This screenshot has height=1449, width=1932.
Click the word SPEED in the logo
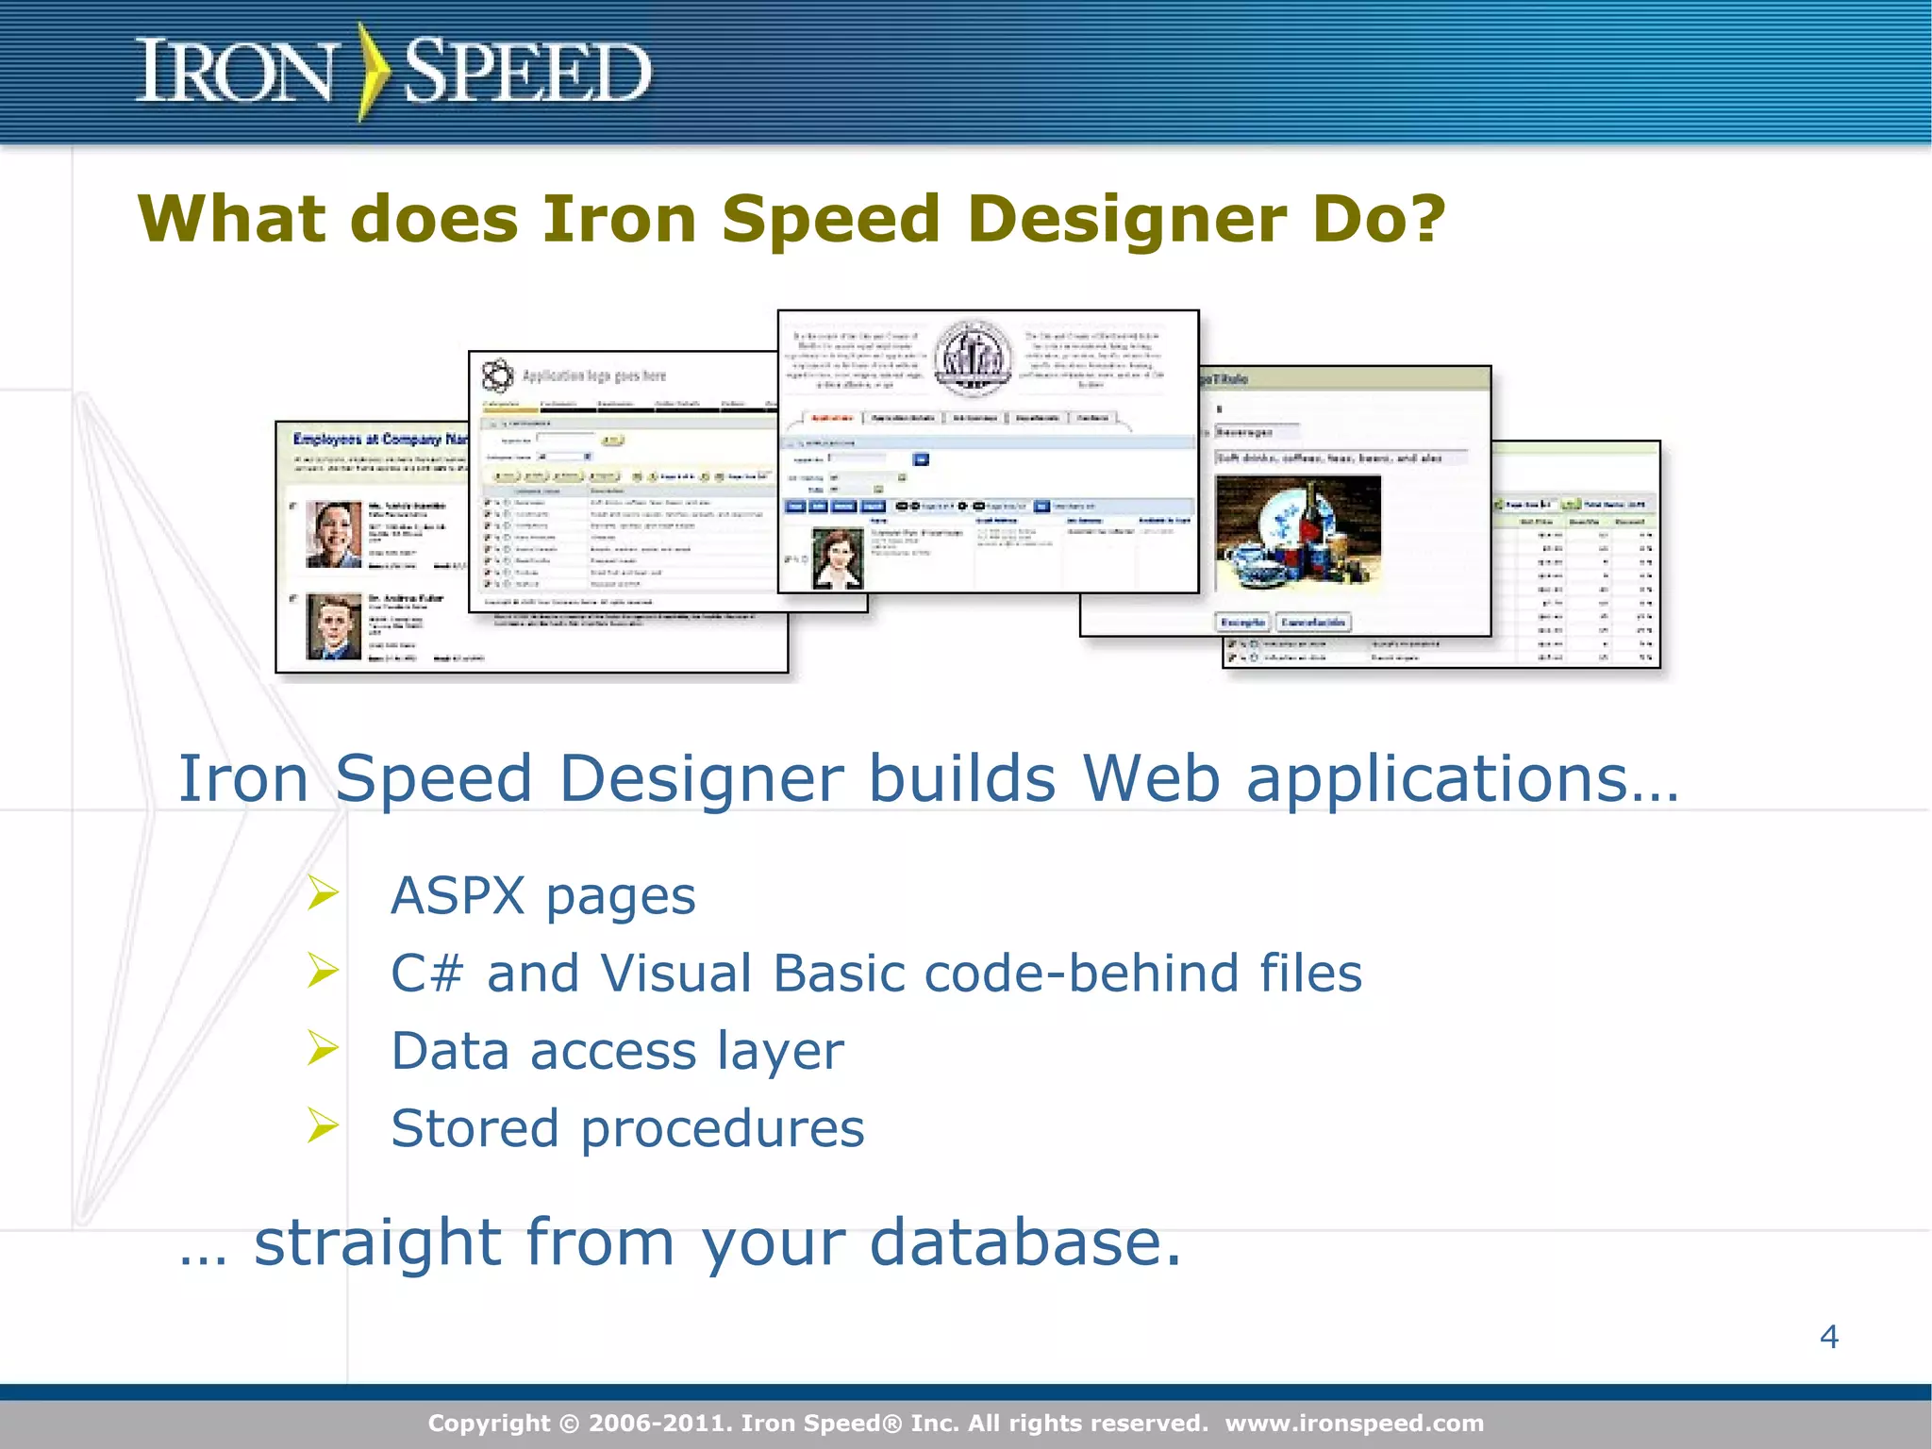(526, 72)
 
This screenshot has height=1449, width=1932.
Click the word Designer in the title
(1127, 220)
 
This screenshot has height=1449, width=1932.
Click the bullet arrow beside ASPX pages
(323, 892)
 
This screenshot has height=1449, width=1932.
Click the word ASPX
(458, 895)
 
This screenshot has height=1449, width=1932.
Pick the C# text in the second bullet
(427, 974)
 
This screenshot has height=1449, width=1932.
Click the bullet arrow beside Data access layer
(323, 1048)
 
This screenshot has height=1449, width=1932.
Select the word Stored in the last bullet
(475, 1128)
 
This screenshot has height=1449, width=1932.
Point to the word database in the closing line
(1024, 1242)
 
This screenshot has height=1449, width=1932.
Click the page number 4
(1828, 1337)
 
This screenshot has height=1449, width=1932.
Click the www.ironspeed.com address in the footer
(1354, 1424)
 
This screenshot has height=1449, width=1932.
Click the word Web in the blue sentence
(1152, 778)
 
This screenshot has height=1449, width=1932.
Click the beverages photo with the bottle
(1298, 534)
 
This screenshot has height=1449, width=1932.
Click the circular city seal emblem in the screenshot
(974, 359)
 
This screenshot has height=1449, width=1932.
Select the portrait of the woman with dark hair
(838, 558)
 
